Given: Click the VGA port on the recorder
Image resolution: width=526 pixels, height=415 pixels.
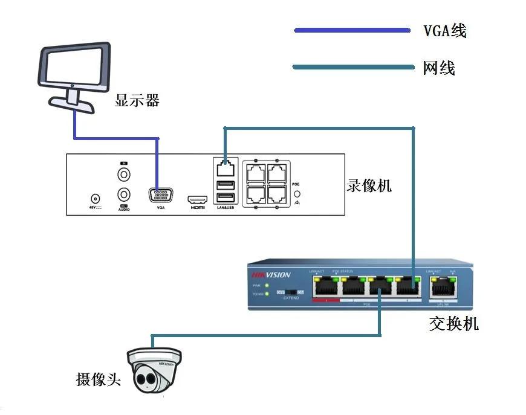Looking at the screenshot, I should (x=160, y=196).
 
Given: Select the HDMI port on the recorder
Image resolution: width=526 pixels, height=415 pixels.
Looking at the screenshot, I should (x=197, y=199).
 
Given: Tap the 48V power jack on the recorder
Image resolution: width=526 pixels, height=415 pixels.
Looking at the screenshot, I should (x=94, y=198).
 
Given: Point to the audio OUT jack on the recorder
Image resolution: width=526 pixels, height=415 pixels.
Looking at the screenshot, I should (x=124, y=195).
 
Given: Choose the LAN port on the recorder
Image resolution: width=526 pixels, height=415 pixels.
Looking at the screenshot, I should (x=225, y=165).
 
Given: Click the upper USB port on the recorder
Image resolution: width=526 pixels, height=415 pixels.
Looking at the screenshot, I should (x=225, y=184).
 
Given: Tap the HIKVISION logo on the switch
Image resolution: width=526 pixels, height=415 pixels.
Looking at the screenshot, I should (x=271, y=275).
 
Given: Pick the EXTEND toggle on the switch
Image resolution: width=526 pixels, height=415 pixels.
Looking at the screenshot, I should (x=290, y=292).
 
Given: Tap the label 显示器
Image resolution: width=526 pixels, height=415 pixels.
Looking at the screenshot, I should (x=137, y=100).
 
